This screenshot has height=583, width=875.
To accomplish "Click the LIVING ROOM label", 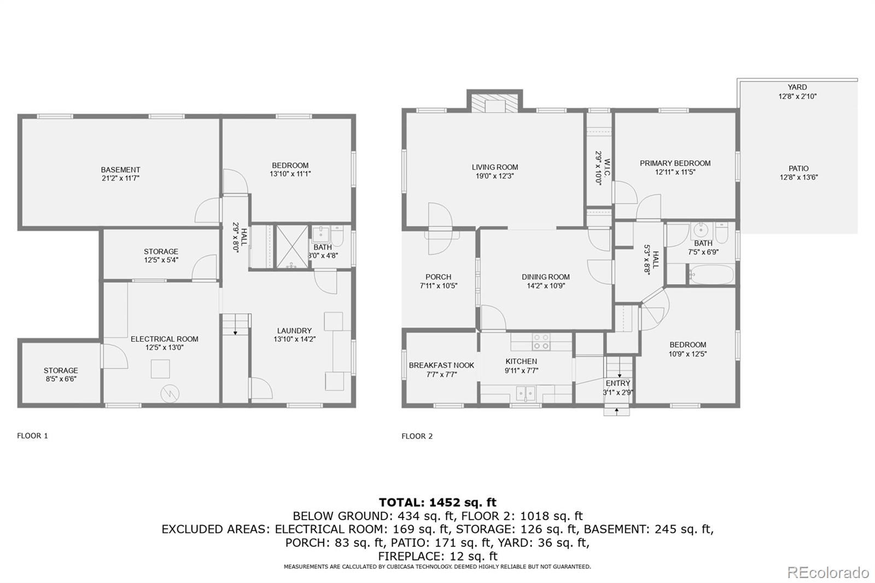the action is (495, 167).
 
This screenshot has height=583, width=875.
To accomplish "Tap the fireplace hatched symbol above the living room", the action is (495, 103).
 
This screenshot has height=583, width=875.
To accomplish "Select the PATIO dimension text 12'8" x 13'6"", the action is (798, 177).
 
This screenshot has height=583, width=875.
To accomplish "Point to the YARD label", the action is (797, 87).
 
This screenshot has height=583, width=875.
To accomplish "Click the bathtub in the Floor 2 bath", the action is (711, 275).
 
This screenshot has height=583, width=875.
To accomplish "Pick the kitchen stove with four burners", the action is (541, 342).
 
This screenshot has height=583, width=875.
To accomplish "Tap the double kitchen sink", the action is (526, 393).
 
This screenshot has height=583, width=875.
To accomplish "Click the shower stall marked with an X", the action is (292, 247).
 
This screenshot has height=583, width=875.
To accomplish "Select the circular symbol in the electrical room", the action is (170, 393).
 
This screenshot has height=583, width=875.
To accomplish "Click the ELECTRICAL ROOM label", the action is (165, 339).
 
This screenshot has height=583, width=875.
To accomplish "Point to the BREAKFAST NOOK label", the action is (441, 365).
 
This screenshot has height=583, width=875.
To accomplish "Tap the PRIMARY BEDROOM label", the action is (675, 164).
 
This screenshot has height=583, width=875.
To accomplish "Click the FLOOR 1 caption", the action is (32, 436).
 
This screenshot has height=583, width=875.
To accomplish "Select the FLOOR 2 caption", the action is (417, 436).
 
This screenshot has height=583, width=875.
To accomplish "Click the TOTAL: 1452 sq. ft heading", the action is (437, 502).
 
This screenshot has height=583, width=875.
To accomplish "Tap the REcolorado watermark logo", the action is (828, 573).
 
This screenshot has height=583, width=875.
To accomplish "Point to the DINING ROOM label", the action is (546, 277).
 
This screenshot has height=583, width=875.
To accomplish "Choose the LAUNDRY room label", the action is (295, 330).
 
